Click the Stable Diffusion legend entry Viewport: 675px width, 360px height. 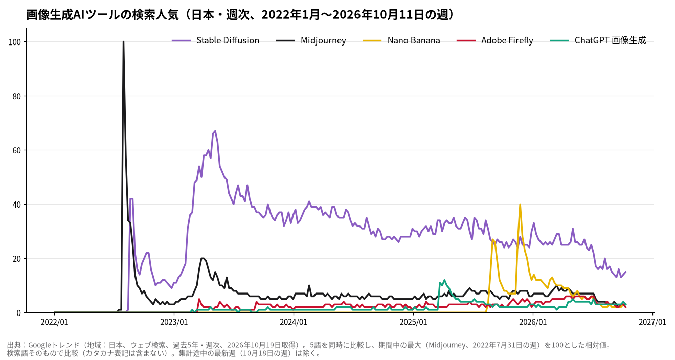(215, 40)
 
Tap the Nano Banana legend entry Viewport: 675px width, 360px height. (401, 40)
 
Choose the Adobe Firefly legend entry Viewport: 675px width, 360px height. (495, 40)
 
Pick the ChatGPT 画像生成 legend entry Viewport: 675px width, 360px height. (598, 40)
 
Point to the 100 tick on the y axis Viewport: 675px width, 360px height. (15, 42)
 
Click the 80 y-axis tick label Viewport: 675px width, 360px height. (16, 97)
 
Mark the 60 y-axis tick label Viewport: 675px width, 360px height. (16, 151)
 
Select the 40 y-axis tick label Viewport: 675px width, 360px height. (16, 205)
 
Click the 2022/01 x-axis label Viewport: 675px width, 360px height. (55, 322)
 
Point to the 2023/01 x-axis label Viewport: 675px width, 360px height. (174, 322)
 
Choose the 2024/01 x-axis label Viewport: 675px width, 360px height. (294, 322)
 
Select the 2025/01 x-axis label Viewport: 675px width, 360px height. (413, 322)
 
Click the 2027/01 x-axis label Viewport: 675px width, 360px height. (652, 322)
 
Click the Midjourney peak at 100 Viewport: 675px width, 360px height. (124, 42)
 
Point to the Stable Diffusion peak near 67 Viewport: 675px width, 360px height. (215, 131)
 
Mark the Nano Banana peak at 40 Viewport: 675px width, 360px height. (520, 204)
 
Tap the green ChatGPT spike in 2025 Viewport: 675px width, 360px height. (444, 280)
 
